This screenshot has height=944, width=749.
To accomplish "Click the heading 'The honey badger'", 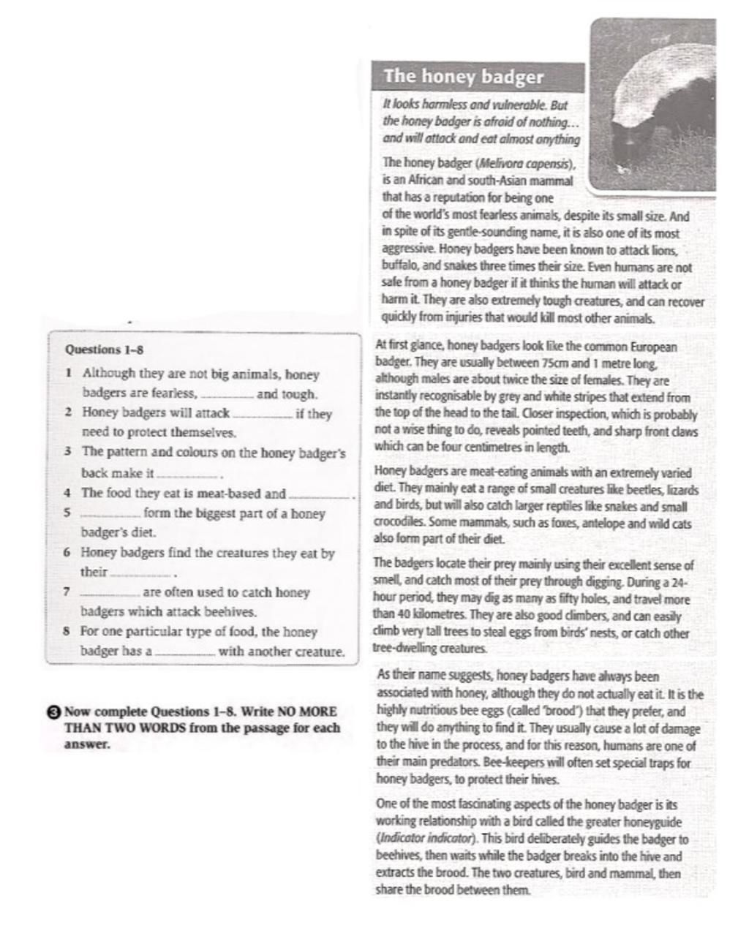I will click(x=464, y=77).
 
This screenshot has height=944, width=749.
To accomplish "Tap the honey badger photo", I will click(x=653, y=106).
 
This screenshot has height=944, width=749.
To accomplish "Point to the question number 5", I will click(x=67, y=513).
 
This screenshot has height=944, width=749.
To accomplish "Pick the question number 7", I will click(x=67, y=592).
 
